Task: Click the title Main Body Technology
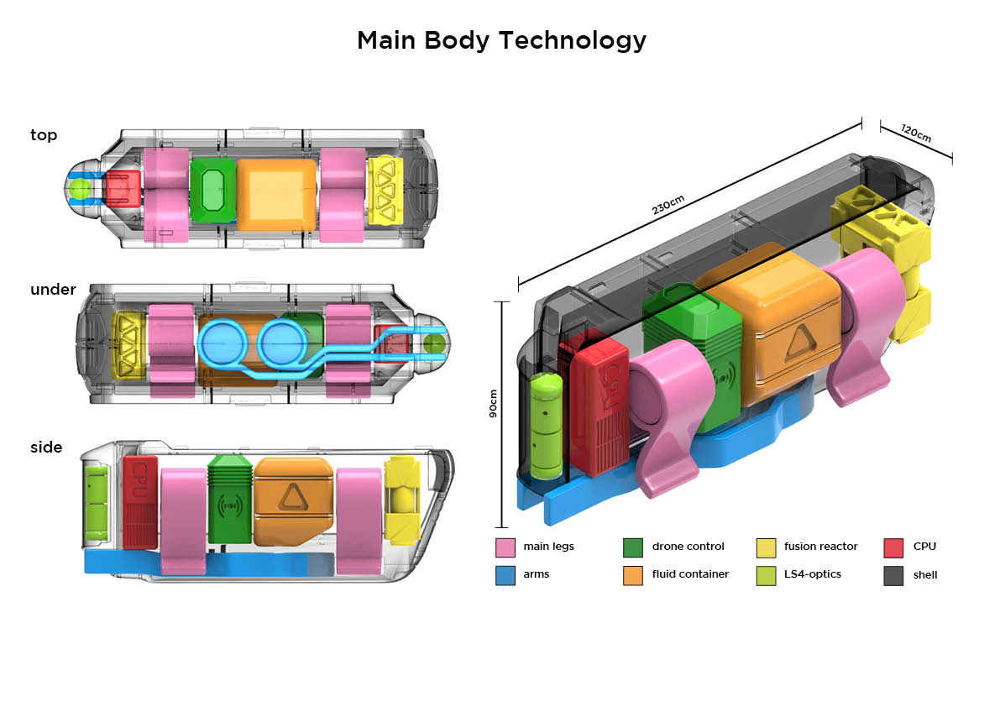pos(501,41)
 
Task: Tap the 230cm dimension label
pos(668,205)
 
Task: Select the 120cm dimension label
pos(916,134)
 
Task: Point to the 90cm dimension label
pos(492,404)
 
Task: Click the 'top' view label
pos(44,135)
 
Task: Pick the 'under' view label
pos(53,290)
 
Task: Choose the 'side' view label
pos(46,448)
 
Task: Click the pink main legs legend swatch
pos(505,547)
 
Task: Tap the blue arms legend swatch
pos(505,575)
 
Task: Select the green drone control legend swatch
pos(632,547)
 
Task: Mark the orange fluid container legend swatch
pos(632,575)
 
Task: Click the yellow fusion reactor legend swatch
pos(766,547)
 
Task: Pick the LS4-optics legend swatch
pos(766,575)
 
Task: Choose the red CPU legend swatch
pos(893,547)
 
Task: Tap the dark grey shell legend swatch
pos(893,575)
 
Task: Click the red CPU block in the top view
pos(123,188)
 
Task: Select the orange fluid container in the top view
pos(276,195)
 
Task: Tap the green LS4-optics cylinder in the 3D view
pos(547,426)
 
